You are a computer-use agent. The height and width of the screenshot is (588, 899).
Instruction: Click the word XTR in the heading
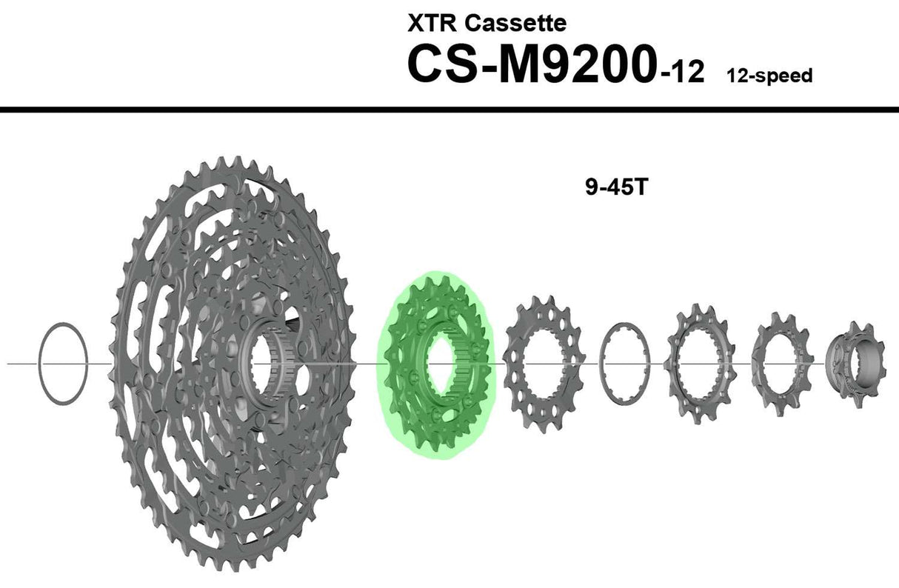(430, 23)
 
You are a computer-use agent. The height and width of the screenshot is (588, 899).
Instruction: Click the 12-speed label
(769, 76)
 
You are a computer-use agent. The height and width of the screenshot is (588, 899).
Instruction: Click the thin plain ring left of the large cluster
(64, 364)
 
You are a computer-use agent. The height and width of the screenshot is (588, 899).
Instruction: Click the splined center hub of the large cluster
(267, 363)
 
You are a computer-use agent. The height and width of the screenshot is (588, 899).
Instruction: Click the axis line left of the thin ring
(22, 364)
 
